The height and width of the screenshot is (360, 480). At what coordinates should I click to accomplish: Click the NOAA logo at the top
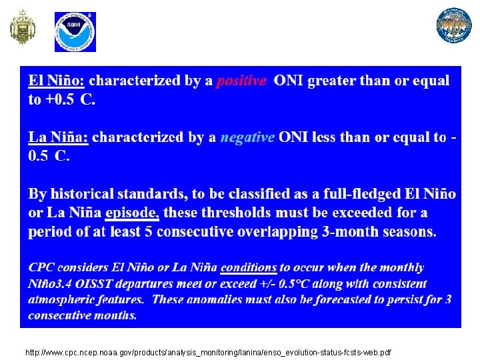click(x=75, y=31)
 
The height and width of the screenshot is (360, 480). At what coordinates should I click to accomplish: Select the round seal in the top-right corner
click(x=454, y=25)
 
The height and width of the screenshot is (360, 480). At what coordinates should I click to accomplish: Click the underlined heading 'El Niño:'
click(x=56, y=81)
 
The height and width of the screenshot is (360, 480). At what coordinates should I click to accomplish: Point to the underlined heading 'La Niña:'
click(x=58, y=137)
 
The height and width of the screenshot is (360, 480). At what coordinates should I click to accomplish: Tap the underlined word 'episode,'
click(x=132, y=213)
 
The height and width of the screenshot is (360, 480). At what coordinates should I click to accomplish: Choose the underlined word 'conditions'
click(x=248, y=267)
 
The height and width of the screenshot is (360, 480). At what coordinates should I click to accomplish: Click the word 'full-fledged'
click(x=360, y=194)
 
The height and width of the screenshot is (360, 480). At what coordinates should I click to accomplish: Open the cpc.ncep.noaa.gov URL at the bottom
click(x=208, y=352)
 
